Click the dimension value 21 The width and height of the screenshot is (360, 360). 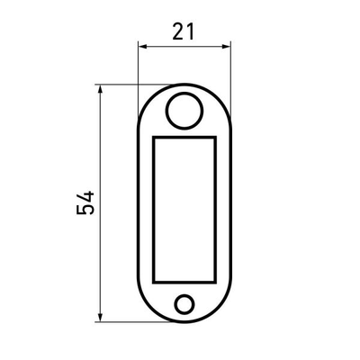click(184, 31)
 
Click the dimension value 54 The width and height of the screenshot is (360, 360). click(85, 202)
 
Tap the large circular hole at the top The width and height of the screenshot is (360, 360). click(184, 111)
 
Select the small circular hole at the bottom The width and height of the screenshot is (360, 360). click(184, 304)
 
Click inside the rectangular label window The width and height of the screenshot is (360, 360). click(184, 210)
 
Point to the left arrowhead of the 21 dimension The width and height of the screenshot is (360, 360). click(143, 47)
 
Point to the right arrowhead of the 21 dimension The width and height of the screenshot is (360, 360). click(226, 47)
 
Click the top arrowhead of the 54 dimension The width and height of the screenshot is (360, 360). click(101, 89)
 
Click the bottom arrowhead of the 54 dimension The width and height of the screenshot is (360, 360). click(101, 318)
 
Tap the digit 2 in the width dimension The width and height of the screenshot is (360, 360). click(178, 31)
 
